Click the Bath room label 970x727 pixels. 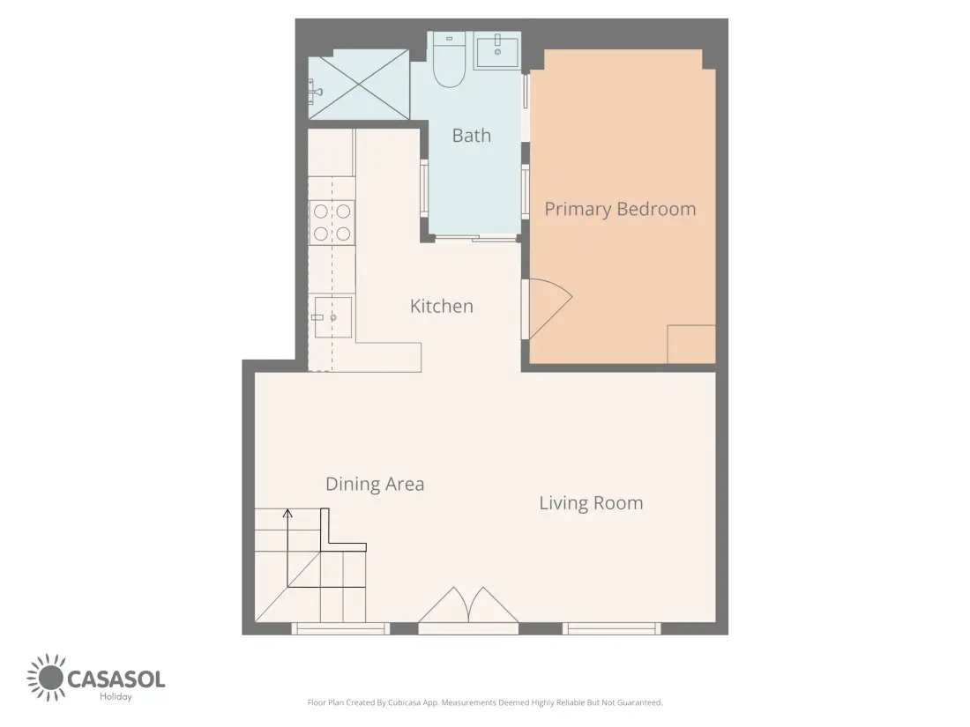point(472,136)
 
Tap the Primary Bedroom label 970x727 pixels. point(620,209)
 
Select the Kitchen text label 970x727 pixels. point(442,306)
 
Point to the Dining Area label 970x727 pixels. point(375,484)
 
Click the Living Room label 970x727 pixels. point(592,503)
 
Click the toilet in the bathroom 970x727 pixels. point(449,60)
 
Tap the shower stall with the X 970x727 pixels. point(359,84)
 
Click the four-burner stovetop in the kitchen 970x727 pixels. point(332,223)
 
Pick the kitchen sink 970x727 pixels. point(332,317)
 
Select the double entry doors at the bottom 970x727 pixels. point(468,605)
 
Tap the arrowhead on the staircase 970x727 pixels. point(287,513)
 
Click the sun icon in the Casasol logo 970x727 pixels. point(46,678)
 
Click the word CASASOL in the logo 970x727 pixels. point(116,679)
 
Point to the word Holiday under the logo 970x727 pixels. point(116,697)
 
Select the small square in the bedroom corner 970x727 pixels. point(691,345)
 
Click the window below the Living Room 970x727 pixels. point(612,628)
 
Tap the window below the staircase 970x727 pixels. point(340,628)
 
